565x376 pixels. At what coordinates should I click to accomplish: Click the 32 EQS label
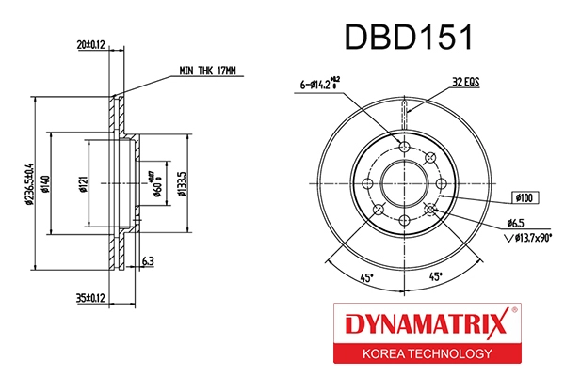464,82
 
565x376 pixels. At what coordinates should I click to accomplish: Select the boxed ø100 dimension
524,198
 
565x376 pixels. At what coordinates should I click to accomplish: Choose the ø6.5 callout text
515,223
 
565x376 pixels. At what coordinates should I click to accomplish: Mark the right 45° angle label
436,277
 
